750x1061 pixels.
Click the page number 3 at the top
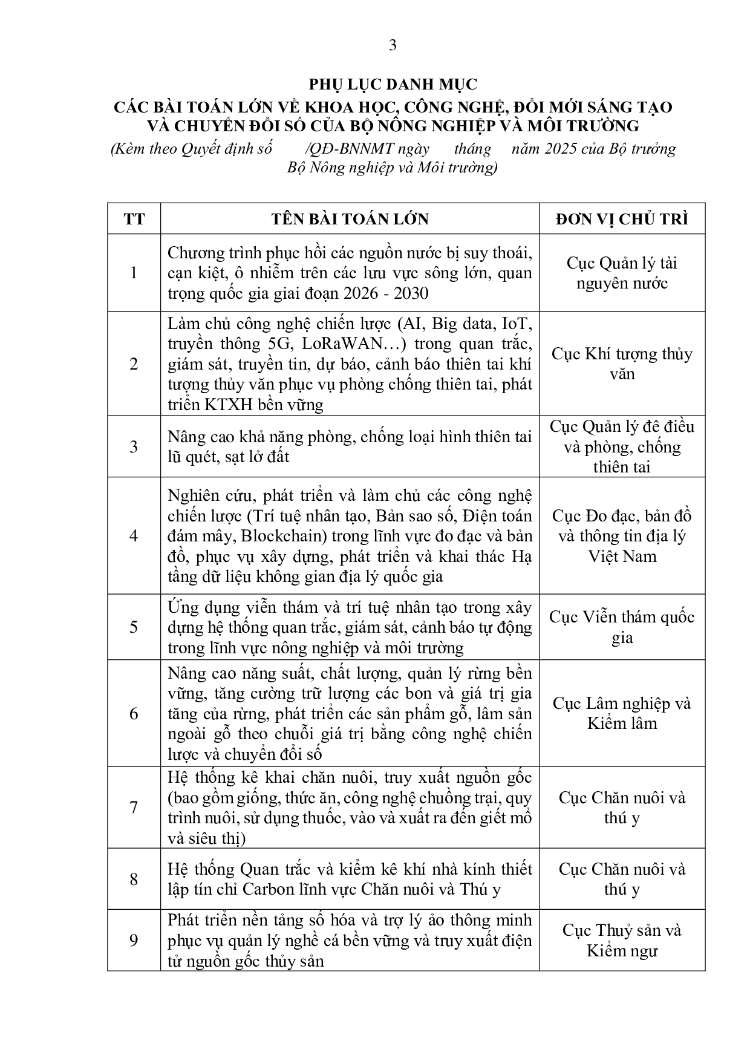pyautogui.click(x=393, y=45)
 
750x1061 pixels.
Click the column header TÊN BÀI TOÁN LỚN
pyautogui.click(x=350, y=219)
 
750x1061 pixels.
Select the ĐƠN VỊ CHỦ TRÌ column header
pyautogui.click(x=622, y=219)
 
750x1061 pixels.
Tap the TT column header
pyautogui.click(x=134, y=219)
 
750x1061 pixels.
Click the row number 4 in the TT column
pyautogui.click(x=134, y=536)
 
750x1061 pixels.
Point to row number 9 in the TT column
pyautogui.click(x=134, y=941)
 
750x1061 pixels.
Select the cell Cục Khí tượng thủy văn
pyautogui.click(x=622, y=364)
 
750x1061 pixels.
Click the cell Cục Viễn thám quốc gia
pyautogui.click(x=622, y=627)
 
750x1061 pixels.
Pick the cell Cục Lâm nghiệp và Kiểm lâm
pyautogui.click(x=622, y=713)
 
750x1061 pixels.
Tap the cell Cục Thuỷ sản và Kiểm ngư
pyautogui.click(x=622, y=941)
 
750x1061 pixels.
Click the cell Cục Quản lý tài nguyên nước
pyautogui.click(x=622, y=273)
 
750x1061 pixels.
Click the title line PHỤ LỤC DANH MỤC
pyautogui.click(x=393, y=84)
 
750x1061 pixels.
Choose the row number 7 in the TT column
pyautogui.click(x=134, y=808)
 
